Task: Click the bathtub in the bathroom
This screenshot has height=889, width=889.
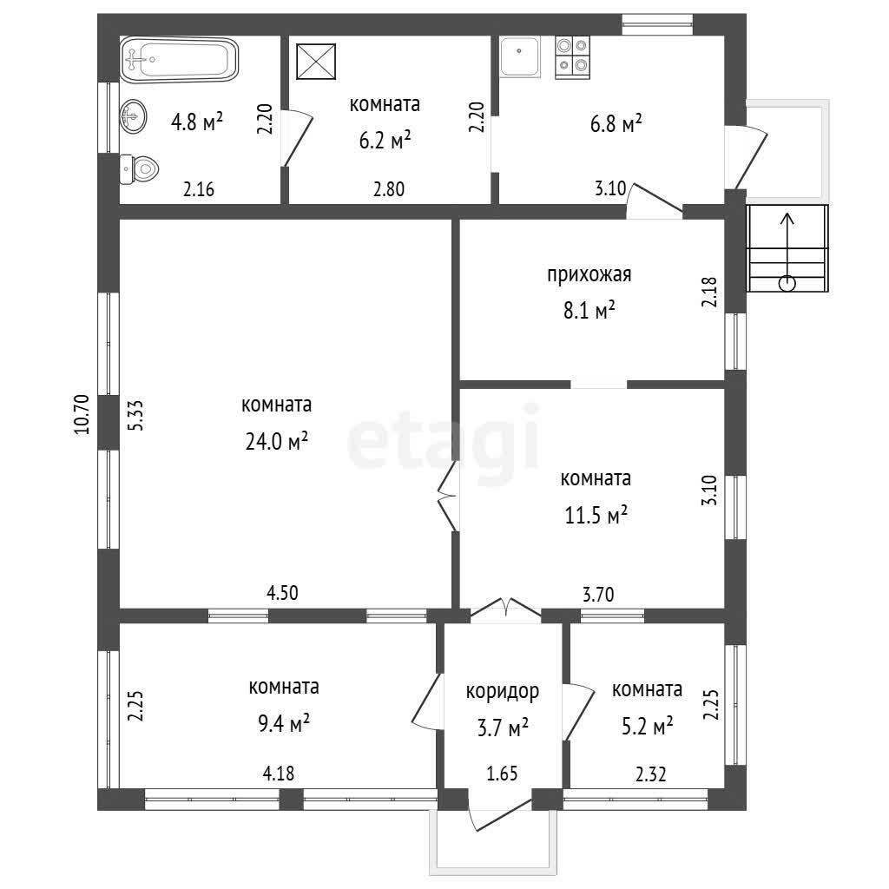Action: click(x=179, y=60)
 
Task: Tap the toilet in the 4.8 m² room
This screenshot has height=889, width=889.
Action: click(x=140, y=168)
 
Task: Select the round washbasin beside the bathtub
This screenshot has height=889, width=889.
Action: click(x=133, y=116)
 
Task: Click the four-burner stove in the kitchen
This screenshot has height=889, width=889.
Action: click(x=573, y=57)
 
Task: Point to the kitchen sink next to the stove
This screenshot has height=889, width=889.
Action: click(x=520, y=56)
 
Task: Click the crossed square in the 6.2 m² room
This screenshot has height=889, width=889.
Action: click(x=316, y=62)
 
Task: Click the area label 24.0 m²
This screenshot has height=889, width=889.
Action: click(x=277, y=441)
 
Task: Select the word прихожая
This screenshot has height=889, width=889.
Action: click(x=589, y=275)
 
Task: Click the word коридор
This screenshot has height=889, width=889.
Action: click(x=503, y=692)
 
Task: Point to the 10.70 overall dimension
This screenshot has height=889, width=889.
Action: click(x=82, y=414)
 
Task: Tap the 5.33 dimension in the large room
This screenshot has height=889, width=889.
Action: click(x=136, y=416)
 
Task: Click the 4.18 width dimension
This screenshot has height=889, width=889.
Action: click(x=279, y=774)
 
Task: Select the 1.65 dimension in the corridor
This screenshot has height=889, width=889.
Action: click(x=502, y=774)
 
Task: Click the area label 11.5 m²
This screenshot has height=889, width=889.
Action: click(x=596, y=516)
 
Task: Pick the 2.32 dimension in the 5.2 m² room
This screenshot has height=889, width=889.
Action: click(x=650, y=774)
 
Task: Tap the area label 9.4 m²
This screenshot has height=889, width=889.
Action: click(x=284, y=723)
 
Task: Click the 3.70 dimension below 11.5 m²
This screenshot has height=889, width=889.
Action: click(x=598, y=594)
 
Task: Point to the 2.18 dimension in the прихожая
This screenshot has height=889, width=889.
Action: click(x=709, y=292)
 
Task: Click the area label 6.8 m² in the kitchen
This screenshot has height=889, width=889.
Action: click(x=616, y=123)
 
